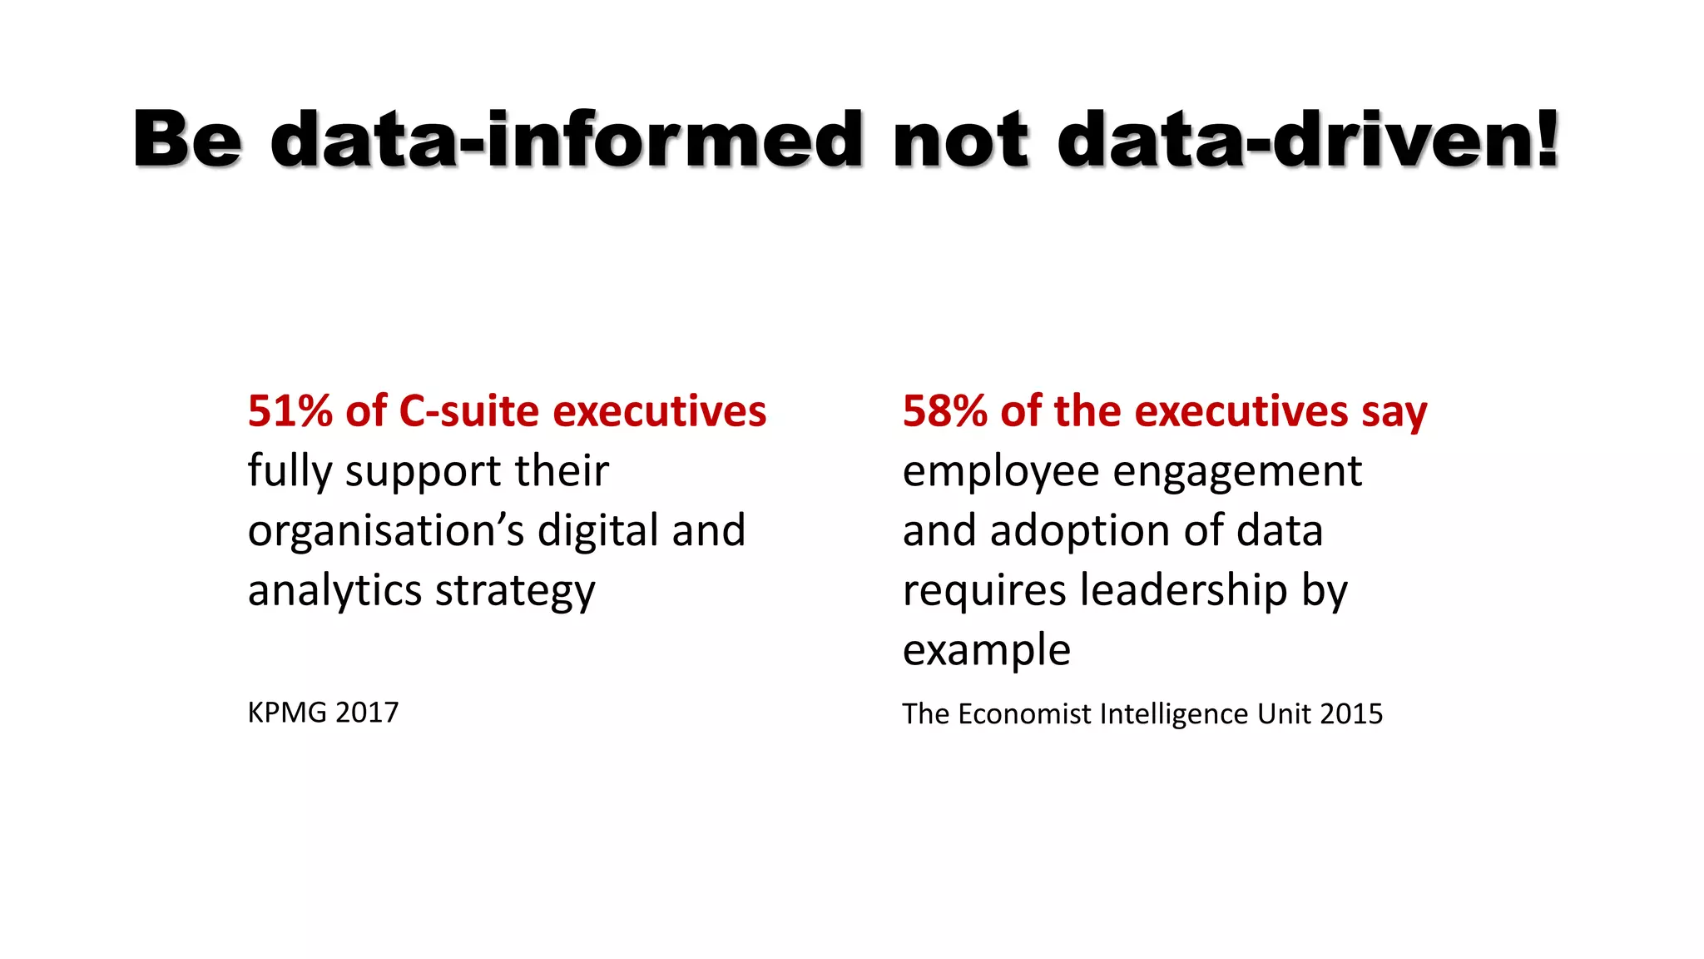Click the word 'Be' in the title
188,139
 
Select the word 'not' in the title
960,139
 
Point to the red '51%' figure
290,411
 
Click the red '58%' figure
945,411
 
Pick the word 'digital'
598,531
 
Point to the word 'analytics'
334,591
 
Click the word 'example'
987,651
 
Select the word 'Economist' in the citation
1025,713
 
